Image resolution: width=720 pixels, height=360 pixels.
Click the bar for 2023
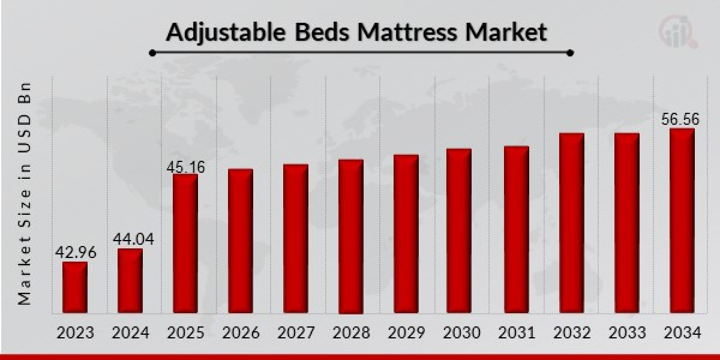click(75, 287)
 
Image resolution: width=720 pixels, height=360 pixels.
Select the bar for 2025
click(185, 244)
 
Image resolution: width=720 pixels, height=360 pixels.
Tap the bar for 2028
click(351, 236)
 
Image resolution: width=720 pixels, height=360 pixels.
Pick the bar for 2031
click(517, 230)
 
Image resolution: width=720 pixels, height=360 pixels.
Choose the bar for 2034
click(682, 221)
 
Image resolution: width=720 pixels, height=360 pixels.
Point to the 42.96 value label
click(75, 253)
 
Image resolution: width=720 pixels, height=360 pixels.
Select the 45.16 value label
click(186, 166)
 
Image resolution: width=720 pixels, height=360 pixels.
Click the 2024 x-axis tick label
click(130, 332)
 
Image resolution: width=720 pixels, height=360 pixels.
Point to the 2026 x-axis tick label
click(241, 332)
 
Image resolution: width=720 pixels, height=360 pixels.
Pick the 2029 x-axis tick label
click(406, 332)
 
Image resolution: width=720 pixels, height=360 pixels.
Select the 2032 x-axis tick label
click(572, 332)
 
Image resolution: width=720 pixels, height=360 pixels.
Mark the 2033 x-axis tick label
click(627, 332)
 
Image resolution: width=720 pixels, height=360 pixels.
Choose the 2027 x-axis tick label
click(296, 332)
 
